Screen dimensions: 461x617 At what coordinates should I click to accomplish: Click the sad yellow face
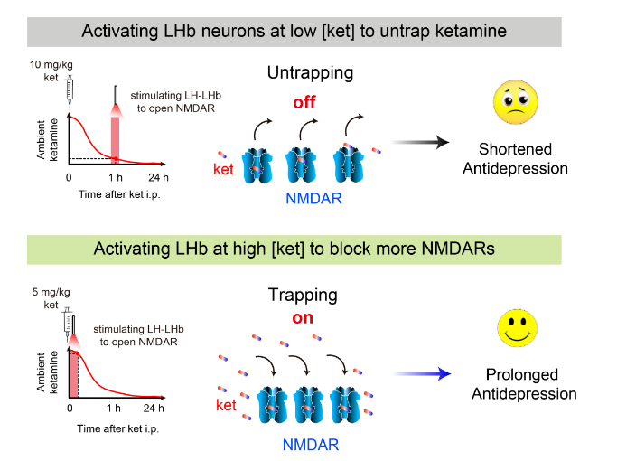(514, 102)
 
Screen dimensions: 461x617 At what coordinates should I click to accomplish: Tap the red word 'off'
(304, 102)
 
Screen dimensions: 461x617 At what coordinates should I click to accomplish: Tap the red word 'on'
(303, 317)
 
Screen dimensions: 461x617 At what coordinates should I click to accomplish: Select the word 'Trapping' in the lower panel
(303, 295)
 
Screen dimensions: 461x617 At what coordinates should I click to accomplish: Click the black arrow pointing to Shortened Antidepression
(422, 142)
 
